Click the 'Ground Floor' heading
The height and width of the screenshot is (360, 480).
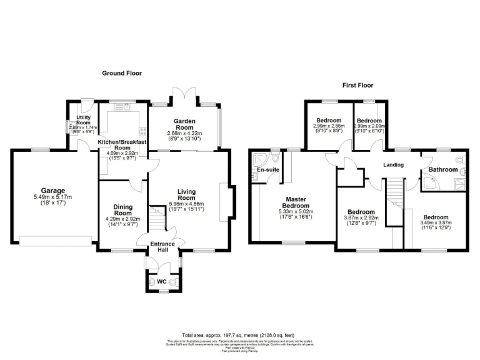coord(122,73)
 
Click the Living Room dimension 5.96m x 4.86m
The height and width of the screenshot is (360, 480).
coord(186,204)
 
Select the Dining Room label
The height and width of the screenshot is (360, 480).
coord(123,209)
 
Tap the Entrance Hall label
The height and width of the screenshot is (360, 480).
coord(162,246)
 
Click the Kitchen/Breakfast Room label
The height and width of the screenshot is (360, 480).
coord(122,146)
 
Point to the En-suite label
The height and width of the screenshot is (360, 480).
coord(267,169)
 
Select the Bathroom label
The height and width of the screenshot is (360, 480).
coord(443,169)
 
